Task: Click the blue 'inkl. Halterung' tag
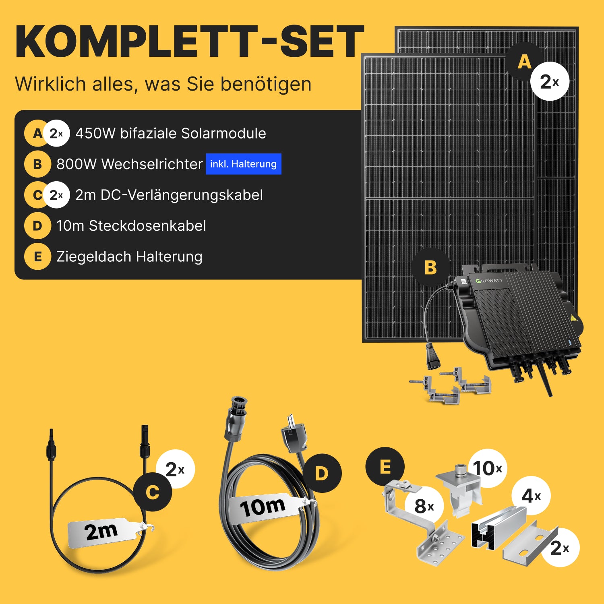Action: (244, 164)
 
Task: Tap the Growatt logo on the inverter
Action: (489, 281)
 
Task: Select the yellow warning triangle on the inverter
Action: (574, 318)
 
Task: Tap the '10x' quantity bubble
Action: (488, 468)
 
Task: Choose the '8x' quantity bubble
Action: (424, 506)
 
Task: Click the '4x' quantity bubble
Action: (531, 496)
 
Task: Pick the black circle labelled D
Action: (322, 473)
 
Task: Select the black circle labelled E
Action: (385, 467)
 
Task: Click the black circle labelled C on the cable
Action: (153, 492)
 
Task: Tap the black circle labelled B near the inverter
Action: (430, 267)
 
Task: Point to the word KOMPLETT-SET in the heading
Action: (190, 41)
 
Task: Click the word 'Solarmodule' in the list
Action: (223, 133)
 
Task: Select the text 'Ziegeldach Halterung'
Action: (129, 256)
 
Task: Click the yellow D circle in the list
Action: (37, 225)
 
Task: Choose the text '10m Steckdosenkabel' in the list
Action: (131, 226)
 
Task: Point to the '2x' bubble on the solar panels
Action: (550, 81)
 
